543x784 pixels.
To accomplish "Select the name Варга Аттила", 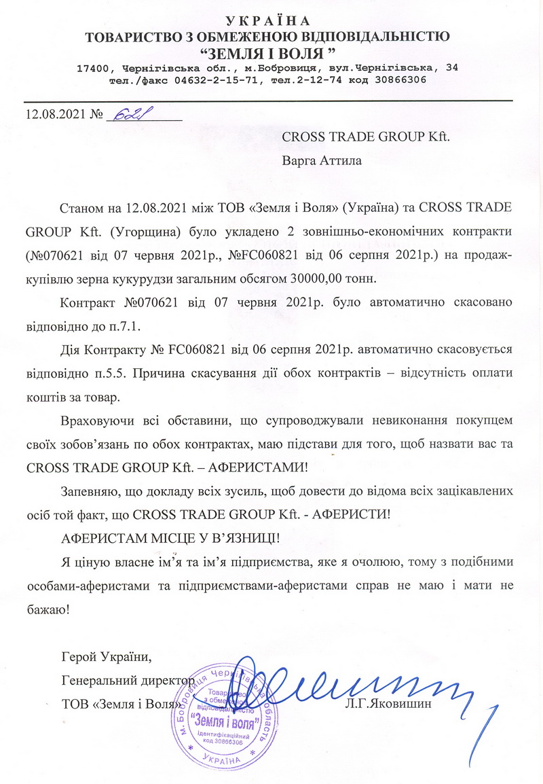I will click(x=322, y=161).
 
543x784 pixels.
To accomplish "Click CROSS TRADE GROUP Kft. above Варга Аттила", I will click(x=365, y=135).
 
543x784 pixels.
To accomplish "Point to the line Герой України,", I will click(x=102, y=657).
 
